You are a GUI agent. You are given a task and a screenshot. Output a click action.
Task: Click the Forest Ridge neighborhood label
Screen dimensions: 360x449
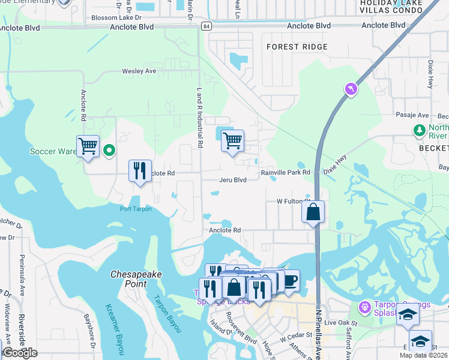pos(297,47)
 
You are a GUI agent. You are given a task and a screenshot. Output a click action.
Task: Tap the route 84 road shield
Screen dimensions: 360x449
pos(206,26)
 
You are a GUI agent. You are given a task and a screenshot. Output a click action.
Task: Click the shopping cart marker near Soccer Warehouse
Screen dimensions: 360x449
pos(88,146)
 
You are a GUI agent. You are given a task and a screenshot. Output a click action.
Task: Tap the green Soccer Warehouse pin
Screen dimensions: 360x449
pos(109,150)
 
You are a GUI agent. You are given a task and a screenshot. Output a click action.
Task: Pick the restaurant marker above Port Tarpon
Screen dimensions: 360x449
pos(140,171)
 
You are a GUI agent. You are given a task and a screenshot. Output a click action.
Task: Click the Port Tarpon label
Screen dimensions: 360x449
pos(136,209)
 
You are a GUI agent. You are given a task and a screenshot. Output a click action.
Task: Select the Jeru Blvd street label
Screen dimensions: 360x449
pos(232,179)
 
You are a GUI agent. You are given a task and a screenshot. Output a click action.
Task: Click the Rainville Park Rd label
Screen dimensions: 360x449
pos(285,172)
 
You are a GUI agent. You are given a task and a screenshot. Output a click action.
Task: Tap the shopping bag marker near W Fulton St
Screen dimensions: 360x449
pos(313,212)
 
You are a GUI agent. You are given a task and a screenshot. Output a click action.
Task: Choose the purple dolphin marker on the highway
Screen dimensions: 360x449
pos(351,89)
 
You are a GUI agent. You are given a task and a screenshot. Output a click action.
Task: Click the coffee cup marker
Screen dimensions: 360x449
pos(291,280)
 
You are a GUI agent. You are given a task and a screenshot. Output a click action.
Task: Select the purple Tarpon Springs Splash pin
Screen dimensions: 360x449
pos(364,308)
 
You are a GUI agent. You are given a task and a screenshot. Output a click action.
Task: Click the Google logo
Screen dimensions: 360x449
pos(20,353)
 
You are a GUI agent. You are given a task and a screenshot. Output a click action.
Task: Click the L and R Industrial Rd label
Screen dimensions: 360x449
pos(199,118)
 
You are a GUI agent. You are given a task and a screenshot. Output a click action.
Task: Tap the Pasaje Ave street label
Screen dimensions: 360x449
pos(412,115)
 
